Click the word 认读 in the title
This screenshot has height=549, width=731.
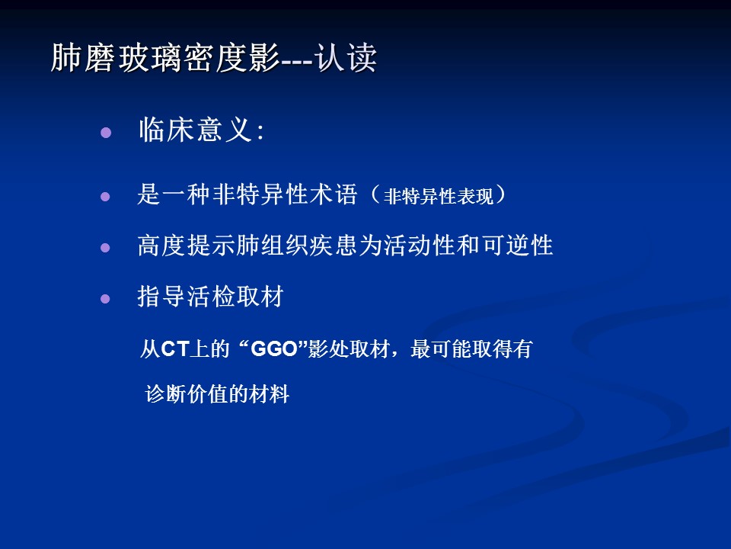pyautogui.click(x=346, y=58)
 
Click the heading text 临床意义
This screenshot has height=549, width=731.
pyautogui.click(x=196, y=130)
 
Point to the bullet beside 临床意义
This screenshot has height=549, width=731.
pyautogui.click(x=106, y=133)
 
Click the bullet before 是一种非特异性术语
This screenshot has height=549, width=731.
pyautogui.click(x=105, y=197)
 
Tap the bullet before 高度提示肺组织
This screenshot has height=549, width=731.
pyautogui.click(x=105, y=247)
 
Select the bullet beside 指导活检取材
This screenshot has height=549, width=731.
pyautogui.click(x=105, y=298)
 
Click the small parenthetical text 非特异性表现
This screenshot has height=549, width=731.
pyautogui.click(x=439, y=196)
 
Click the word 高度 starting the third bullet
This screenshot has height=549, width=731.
pyautogui.click(x=161, y=245)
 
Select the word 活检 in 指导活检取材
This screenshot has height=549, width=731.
pyautogui.click(x=211, y=296)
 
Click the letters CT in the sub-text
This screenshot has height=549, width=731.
pyautogui.click(x=175, y=349)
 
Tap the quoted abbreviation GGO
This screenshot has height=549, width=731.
pyautogui.click(x=274, y=349)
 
